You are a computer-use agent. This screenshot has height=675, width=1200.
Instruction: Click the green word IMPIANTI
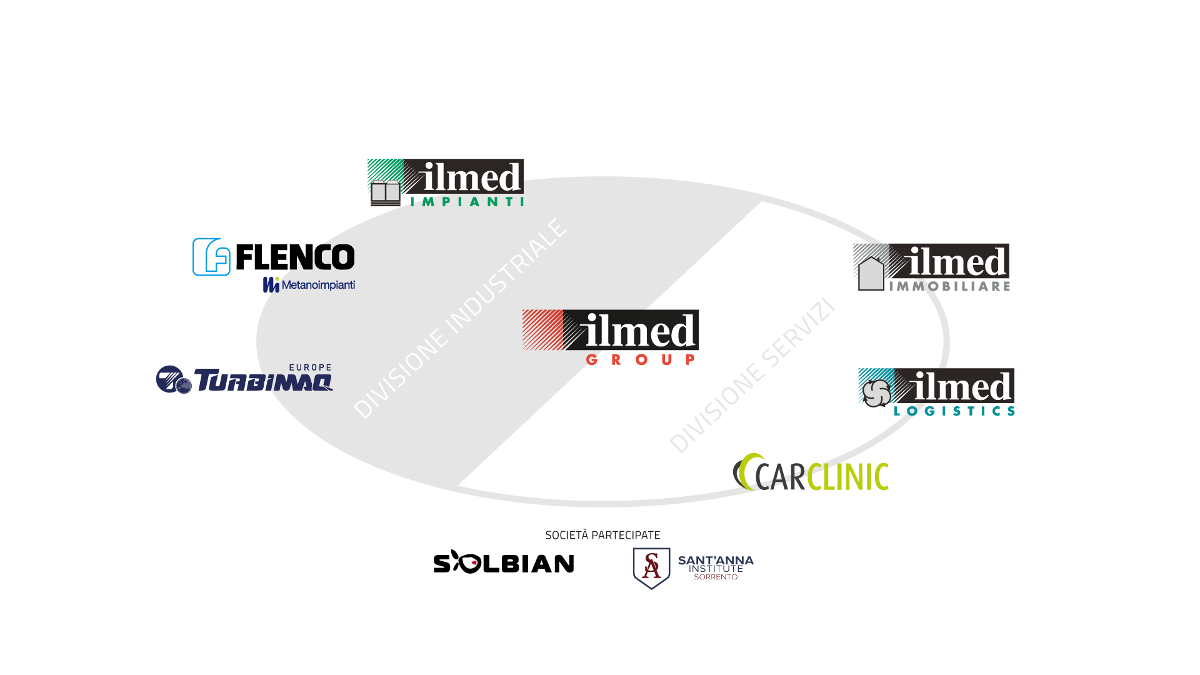point(467,202)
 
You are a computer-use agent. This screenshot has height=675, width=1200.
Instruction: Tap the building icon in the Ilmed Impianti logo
point(385,192)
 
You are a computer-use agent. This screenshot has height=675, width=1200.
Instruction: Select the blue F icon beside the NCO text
point(211,257)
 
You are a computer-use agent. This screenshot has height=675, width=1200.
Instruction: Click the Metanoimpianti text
point(317,285)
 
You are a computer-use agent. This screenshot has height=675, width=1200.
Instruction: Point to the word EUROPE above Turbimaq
point(310,367)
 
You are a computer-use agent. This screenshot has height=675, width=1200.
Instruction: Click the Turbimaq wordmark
point(263,380)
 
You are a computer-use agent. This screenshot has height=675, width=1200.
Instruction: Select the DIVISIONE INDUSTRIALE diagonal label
point(461,319)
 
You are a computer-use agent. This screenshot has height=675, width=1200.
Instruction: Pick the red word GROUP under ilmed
point(641,359)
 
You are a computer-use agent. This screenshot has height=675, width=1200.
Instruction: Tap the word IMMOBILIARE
point(949,286)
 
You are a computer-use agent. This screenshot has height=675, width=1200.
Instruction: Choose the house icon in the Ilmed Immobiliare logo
point(871,274)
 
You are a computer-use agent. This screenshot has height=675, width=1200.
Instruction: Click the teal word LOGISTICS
point(954,411)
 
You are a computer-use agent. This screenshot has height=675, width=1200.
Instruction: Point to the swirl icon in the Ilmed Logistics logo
point(876,392)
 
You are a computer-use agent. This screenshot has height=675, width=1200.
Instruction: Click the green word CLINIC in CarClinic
point(847,476)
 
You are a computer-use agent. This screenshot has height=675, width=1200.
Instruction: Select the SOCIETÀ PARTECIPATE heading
point(602,535)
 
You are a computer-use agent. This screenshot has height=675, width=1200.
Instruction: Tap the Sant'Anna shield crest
point(651,567)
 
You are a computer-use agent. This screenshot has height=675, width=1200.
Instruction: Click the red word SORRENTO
point(716,577)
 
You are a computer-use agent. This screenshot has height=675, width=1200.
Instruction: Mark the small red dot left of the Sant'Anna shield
point(474,562)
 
